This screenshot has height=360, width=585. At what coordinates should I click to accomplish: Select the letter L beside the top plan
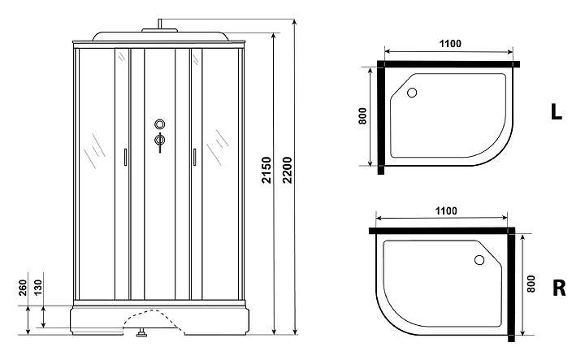coord(557,112)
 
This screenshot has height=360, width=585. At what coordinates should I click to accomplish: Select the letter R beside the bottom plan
coord(559,288)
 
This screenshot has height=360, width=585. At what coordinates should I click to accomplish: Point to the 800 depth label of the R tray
coord(532,284)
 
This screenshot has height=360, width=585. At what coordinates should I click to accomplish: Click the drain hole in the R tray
coord(479,261)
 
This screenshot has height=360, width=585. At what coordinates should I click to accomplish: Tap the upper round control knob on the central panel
coord(159,125)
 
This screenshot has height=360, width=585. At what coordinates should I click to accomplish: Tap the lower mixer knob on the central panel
coord(159,141)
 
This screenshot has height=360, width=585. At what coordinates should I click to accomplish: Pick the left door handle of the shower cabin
coord(124,158)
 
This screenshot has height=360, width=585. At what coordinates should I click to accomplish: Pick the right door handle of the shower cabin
coord(195,158)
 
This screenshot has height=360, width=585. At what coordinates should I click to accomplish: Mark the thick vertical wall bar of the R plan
coord(511,284)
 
